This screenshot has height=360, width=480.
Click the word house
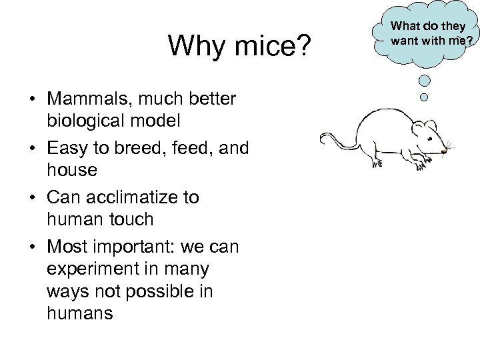click(72, 170)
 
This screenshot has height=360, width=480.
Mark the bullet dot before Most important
click(31, 247)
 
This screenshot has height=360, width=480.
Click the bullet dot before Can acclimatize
click(31, 199)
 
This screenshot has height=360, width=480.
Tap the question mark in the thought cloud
click(469, 41)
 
